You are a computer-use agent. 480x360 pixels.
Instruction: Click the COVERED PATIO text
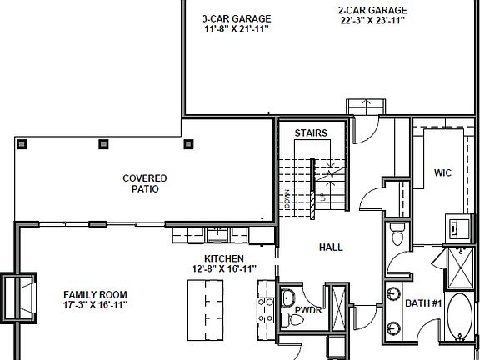(x=145, y=183)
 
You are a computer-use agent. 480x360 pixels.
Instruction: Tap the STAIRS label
(x=311, y=132)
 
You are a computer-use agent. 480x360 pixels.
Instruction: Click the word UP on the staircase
(x=322, y=198)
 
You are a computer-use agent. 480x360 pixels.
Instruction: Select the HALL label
(x=331, y=247)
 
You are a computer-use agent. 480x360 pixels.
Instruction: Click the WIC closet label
(x=442, y=174)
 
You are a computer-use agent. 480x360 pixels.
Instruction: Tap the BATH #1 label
(x=422, y=303)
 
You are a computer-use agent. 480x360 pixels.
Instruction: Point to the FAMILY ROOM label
(x=96, y=295)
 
